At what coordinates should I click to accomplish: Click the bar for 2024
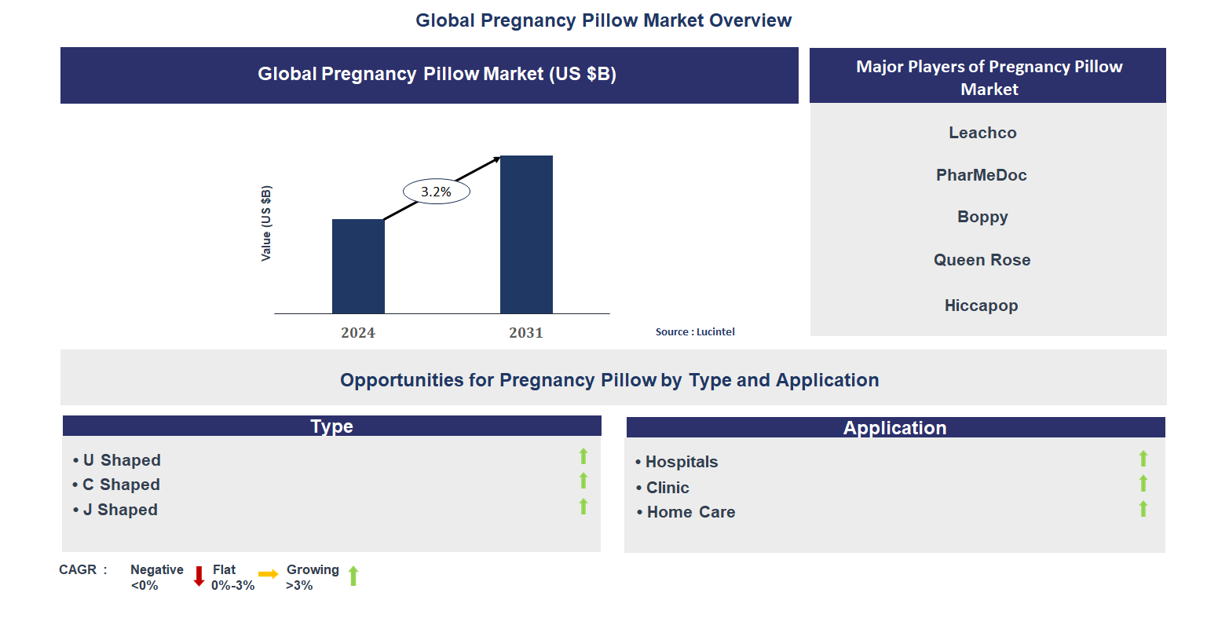pos(358,266)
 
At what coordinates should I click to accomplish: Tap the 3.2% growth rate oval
pos(436,192)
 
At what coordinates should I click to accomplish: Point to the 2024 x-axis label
pos(358,333)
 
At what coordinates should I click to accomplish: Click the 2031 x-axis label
pos(526,333)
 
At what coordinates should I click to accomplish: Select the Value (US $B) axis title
pos(266,224)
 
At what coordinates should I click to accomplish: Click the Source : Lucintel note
pos(695,332)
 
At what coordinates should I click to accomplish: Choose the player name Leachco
pos(982,133)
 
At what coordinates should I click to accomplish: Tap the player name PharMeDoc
pos(982,175)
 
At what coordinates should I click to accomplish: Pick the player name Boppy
pos(982,217)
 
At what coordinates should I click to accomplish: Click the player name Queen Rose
pos(982,260)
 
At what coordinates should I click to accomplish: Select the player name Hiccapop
pos(981,306)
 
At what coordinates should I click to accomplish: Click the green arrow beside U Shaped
pos(583,456)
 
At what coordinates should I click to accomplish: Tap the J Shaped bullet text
pos(120,510)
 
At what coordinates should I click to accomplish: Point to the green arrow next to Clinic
pos(1143,484)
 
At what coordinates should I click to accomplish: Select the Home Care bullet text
pos(690,512)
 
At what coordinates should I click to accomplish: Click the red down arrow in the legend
pos(199,576)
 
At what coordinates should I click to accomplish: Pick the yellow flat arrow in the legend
pos(268,575)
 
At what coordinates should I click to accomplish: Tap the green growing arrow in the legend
pos(353,576)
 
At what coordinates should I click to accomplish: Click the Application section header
pos(895,428)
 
